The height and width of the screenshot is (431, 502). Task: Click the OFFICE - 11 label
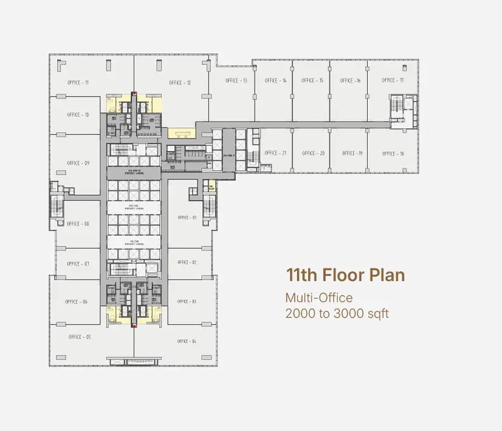(78, 82)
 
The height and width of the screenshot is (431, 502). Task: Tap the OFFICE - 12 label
(180, 83)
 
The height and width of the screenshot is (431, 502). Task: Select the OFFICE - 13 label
(236, 80)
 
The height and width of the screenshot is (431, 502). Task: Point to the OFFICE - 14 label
(275, 80)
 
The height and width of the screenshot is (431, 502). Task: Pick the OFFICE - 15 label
(312, 80)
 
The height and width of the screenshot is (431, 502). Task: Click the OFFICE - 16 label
(350, 80)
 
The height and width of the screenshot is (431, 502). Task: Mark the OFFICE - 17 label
(390, 80)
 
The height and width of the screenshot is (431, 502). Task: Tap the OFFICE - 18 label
(393, 153)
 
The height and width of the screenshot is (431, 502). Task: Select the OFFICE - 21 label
(275, 153)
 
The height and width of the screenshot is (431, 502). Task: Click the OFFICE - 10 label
(78, 114)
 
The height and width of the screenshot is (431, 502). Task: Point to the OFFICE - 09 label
(78, 163)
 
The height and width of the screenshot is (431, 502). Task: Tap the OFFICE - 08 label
(78, 224)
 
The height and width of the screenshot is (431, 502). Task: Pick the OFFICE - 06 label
(77, 302)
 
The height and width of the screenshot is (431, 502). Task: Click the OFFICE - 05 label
(80, 337)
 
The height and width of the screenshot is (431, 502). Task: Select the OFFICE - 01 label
(187, 217)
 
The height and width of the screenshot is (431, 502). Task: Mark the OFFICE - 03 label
(187, 302)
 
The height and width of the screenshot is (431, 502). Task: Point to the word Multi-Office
(319, 298)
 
